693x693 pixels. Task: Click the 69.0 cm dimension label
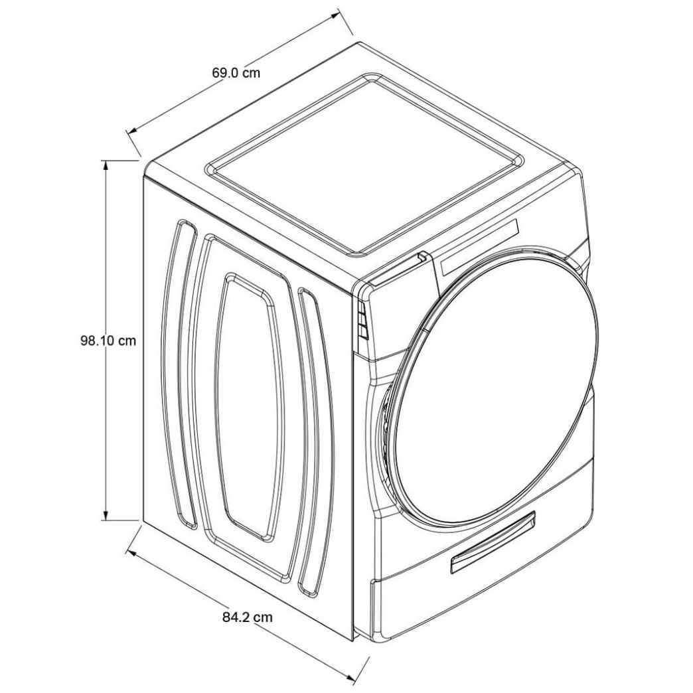(x=236, y=72)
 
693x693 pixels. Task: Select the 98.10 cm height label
(x=108, y=341)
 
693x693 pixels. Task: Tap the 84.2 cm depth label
(x=248, y=617)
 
